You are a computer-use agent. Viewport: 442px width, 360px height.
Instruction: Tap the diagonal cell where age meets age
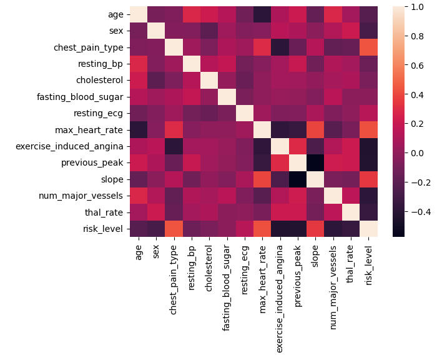point(139,14)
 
